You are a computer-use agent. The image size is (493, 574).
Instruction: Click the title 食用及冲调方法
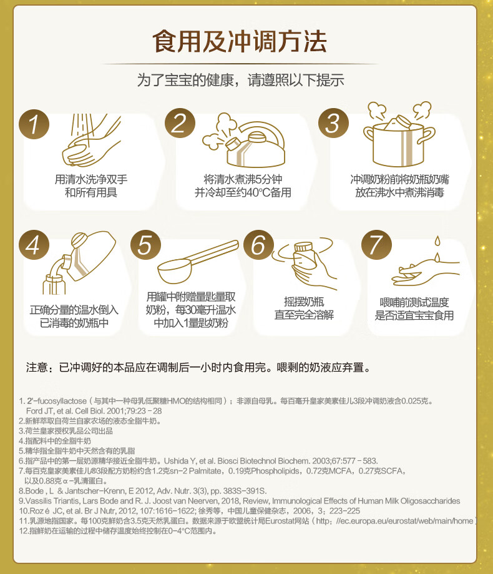[x=240, y=41]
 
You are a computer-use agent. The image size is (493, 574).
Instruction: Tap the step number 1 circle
[x=34, y=124]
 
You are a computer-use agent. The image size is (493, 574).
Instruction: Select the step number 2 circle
[x=180, y=123]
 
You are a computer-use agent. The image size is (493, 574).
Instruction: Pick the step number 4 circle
[x=34, y=245]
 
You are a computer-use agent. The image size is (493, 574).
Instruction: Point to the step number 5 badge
[x=145, y=245]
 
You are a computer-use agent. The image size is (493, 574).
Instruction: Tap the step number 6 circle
[x=258, y=245]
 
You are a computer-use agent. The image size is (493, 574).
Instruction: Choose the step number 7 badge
[x=376, y=245]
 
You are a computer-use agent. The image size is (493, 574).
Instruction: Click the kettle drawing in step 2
[x=244, y=141]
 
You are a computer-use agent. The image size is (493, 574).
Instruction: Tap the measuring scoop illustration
[x=197, y=261]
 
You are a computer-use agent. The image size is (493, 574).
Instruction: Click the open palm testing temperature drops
[x=426, y=272]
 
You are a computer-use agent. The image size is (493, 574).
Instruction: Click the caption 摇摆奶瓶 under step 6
[x=304, y=302]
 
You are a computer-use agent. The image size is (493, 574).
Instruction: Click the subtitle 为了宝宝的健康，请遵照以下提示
[x=241, y=80]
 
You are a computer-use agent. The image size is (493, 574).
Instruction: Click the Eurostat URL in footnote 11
[x=396, y=520]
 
